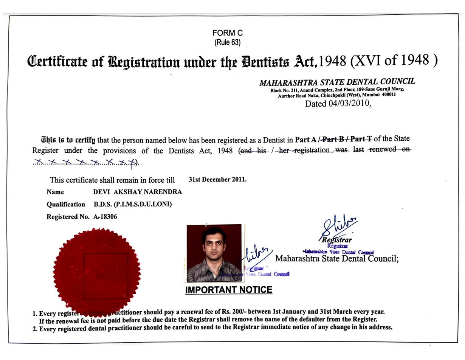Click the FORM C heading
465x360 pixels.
tap(227, 34)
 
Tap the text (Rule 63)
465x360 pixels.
tap(227, 42)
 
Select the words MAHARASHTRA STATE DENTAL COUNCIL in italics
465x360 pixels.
tap(337, 81)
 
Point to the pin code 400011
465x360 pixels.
tap(387, 95)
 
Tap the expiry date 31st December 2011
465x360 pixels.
tap(217, 179)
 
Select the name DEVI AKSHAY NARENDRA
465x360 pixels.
tap(138, 192)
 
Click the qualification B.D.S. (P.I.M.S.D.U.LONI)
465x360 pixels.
tap(133, 204)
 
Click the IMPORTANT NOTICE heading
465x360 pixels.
tap(228, 290)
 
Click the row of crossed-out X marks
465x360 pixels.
tap(85, 162)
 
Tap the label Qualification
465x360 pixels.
tap(65, 204)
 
